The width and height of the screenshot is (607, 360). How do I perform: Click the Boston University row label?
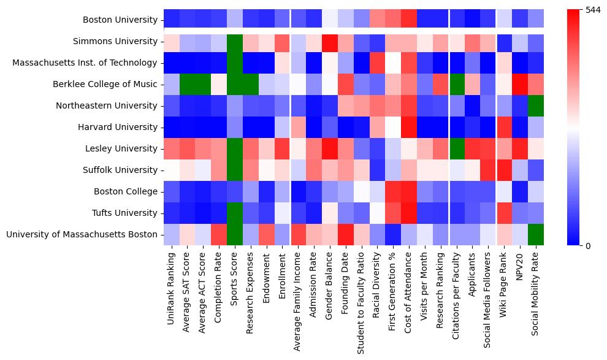(x=120, y=20)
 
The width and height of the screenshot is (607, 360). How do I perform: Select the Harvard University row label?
(x=118, y=127)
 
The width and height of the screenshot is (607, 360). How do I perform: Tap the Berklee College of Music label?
(x=105, y=84)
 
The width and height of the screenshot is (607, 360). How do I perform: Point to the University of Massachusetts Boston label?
(x=82, y=234)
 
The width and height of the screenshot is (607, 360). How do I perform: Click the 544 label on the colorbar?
(x=593, y=10)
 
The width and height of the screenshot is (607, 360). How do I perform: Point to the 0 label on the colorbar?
(x=588, y=246)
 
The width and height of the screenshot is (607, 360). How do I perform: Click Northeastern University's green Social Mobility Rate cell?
(x=536, y=105)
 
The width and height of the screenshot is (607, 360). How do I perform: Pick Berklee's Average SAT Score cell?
(x=188, y=85)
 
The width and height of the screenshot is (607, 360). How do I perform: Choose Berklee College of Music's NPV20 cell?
(x=520, y=85)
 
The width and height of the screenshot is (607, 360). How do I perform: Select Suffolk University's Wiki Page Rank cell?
(x=504, y=170)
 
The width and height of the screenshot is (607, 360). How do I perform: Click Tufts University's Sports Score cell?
(x=235, y=213)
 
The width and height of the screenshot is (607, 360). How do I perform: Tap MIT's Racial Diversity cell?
(x=378, y=63)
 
